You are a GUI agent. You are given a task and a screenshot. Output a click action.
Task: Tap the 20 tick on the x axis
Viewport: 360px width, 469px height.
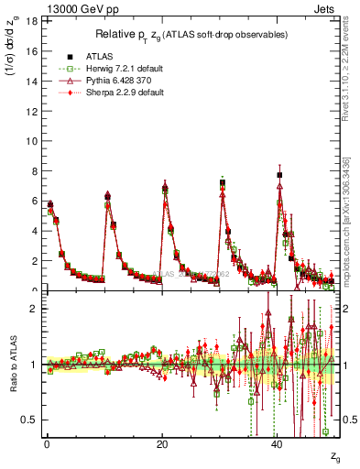click(x=162, y=443)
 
